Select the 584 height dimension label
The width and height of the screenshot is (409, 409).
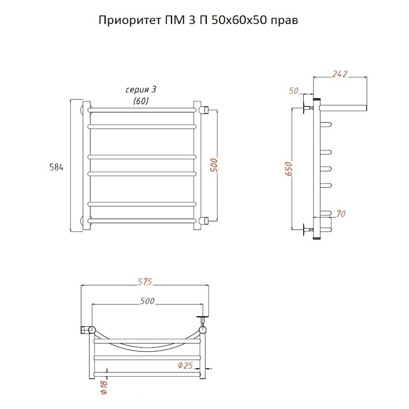(56, 167)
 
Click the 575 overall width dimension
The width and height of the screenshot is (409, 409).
(145, 282)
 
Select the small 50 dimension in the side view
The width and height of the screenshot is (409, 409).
(294, 91)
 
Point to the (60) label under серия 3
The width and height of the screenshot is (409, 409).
(140, 101)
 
